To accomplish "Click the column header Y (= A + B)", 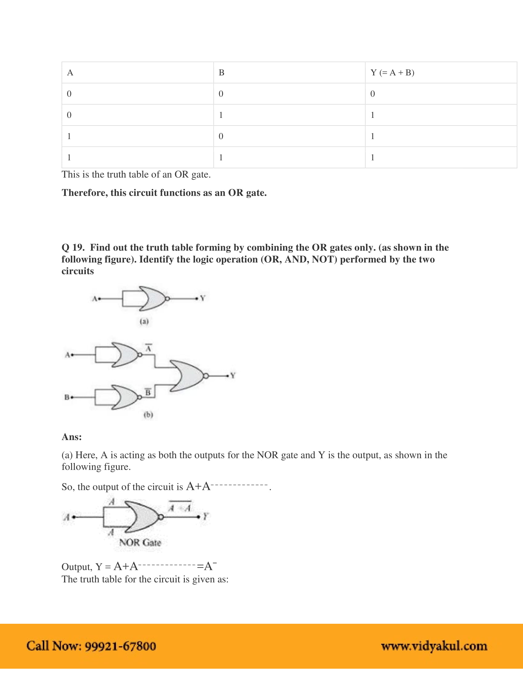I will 392,73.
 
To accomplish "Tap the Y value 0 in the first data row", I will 373,94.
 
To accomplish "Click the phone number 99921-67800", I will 120,646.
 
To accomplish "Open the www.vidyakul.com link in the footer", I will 434,646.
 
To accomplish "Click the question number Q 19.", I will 73,247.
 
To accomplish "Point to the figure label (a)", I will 144,321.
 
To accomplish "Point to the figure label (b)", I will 148,415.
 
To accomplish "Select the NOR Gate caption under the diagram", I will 140,543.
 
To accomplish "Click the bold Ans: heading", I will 72,437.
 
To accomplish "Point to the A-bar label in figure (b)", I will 149,348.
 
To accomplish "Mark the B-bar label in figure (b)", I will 148,392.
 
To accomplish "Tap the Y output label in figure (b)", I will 233,375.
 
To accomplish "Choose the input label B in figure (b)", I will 67,397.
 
